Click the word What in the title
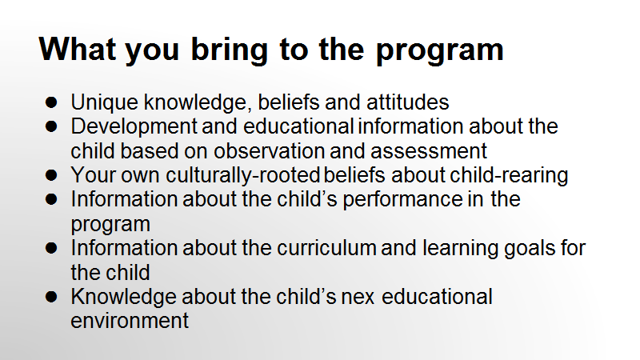click(x=78, y=49)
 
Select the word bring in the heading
click(x=230, y=51)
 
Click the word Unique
click(x=105, y=102)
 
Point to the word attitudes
click(x=407, y=102)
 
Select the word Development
click(x=134, y=127)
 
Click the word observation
click(x=269, y=150)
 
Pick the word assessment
click(x=429, y=151)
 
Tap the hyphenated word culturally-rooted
click(x=243, y=175)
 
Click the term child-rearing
click(x=509, y=175)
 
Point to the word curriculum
click(x=326, y=248)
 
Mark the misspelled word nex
click(x=358, y=298)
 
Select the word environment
click(x=130, y=321)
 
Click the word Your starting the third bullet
click(x=93, y=175)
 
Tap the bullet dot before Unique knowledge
click(x=51, y=102)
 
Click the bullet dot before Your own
click(x=51, y=175)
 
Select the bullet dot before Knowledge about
click(x=51, y=297)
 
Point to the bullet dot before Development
click(x=51, y=126)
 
